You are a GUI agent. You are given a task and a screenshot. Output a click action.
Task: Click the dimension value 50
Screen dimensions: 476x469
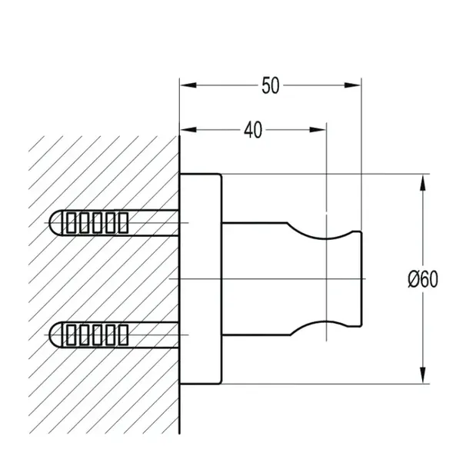(270, 85)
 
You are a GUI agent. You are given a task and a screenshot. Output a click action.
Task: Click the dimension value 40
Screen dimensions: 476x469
(253, 130)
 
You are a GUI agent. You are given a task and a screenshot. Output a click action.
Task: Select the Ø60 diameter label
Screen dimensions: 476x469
(423, 279)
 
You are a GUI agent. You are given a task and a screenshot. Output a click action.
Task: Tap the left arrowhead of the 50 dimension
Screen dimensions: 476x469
(188, 85)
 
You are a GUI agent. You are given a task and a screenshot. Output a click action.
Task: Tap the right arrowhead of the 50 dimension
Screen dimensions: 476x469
(352, 85)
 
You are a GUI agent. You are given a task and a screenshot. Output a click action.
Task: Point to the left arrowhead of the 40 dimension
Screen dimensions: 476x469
(188, 130)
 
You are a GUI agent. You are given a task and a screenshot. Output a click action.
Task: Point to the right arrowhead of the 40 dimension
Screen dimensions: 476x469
(318, 130)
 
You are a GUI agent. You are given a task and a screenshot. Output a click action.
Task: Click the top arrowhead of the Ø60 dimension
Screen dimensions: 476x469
(423, 183)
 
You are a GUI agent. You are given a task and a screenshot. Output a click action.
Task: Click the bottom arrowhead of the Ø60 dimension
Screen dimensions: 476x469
(423, 375)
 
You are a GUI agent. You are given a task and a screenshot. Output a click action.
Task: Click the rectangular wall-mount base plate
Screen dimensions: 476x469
(201, 279)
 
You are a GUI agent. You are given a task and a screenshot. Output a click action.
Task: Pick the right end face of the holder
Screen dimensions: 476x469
(361, 279)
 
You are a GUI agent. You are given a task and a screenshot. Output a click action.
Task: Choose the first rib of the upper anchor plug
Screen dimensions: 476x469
(71, 223)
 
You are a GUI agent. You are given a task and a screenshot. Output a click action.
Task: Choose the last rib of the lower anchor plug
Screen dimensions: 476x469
(123, 334)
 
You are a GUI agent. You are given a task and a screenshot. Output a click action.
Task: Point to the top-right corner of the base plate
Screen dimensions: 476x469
(221, 175)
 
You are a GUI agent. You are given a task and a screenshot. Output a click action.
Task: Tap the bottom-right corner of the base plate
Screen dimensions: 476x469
(221, 384)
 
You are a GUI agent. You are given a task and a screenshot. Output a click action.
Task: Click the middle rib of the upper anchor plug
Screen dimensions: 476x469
(97, 223)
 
